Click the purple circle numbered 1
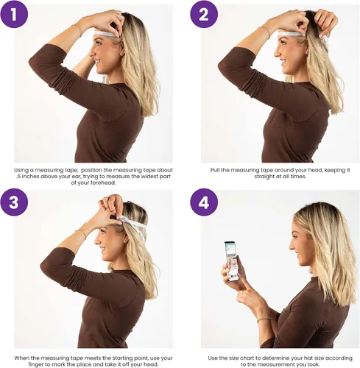14,14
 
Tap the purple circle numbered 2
204,14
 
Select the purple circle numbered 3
14,202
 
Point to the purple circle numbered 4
204,202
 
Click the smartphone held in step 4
230,261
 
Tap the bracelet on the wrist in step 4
264,319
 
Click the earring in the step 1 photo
121,54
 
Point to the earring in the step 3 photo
125,241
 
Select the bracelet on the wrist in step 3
82,234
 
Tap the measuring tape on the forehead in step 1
106,34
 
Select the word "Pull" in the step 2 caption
215,170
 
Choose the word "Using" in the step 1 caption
21,170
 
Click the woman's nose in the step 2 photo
277,53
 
